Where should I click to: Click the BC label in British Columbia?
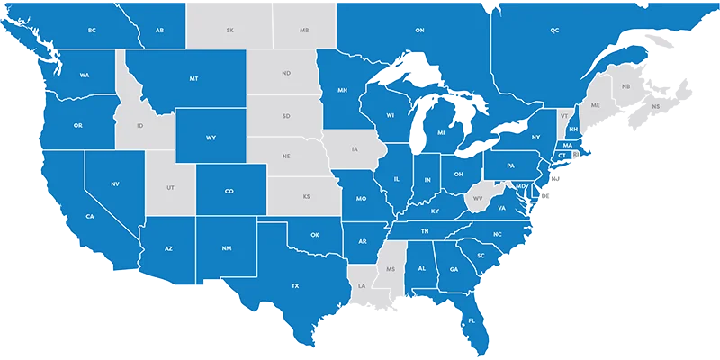[x=92, y=31]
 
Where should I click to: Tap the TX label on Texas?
[x=294, y=286]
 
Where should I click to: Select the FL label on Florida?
[x=472, y=320]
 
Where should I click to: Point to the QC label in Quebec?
[x=554, y=31]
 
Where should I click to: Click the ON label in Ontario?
[x=419, y=31]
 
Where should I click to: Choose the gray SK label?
[x=230, y=31]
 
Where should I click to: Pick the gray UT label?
[x=171, y=188]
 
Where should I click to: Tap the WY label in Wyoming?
[x=211, y=138]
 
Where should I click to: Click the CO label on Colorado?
[x=229, y=191]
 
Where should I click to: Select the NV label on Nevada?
[x=115, y=184]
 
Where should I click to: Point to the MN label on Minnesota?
[x=343, y=90]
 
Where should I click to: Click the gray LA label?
[x=362, y=286]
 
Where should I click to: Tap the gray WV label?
[x=478, y=197]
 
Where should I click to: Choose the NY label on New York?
[x=537, y=137]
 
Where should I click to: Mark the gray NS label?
[x=656, y=106]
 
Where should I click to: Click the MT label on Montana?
[x=193, y=79]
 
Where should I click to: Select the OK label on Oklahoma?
[x=315, y=235]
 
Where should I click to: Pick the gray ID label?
[x=139, y=126]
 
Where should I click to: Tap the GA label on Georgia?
[x=454, y=269]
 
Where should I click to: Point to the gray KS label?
[x=306, y=196]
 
